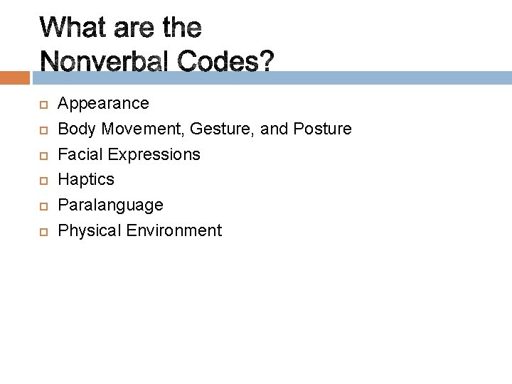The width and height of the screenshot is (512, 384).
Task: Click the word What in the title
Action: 73,29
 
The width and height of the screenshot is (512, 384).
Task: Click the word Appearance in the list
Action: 103,104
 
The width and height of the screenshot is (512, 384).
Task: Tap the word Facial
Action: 78,154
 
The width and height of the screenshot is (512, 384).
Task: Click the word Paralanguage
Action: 110,206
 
